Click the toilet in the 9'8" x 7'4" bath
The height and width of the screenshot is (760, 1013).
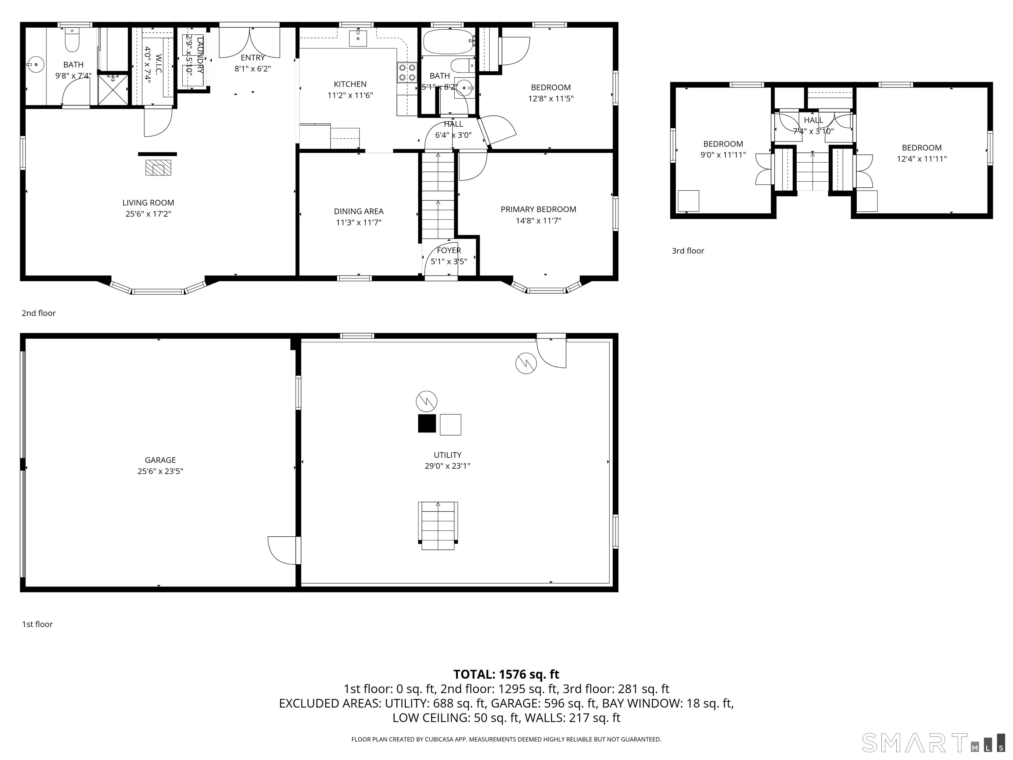click(72, 40)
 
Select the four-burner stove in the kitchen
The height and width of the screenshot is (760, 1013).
click(407, 72)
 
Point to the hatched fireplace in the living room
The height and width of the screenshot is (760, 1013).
click(158, 168)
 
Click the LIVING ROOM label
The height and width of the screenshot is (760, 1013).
click(148, 203)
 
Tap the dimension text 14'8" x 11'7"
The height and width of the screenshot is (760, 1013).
click(538, 220)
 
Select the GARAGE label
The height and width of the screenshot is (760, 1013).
click(160, 460)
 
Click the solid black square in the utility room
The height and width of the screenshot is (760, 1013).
click(427, 423)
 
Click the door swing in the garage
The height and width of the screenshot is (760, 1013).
click(283, 550)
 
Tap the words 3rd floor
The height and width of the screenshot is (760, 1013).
click(688, 251)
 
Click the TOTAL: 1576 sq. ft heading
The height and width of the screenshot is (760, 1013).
click(506, 674)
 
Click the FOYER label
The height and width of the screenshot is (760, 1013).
click(449, 250)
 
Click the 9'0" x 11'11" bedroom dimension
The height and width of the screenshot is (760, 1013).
click(723, 155)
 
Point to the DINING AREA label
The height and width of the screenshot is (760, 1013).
click(358, 211)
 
